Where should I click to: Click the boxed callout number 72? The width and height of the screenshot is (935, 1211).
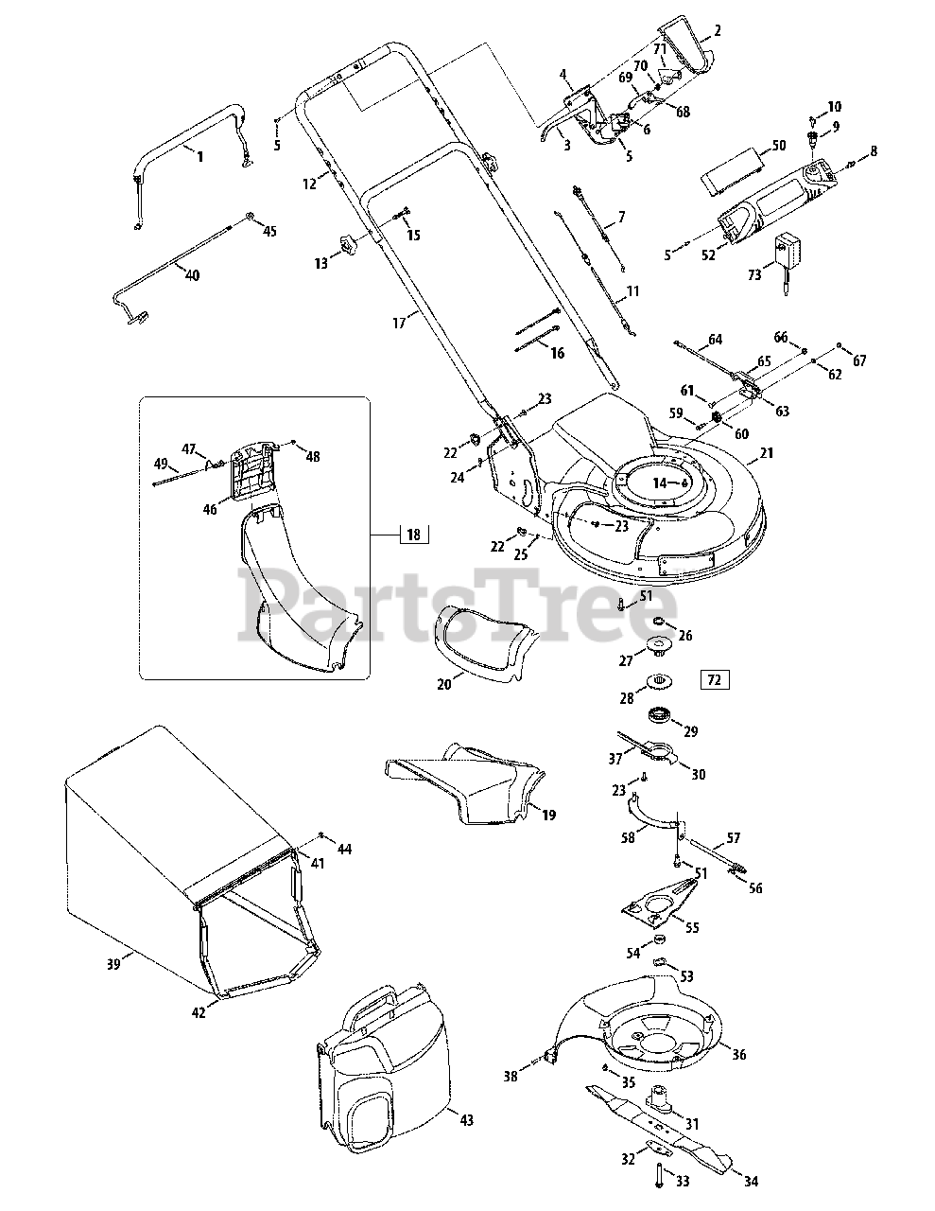click(x=714, y=679)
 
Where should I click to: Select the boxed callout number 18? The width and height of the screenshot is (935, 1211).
click(x=413, y=535)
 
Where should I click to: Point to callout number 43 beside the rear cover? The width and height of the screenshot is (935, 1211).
click(x=466, y=1121)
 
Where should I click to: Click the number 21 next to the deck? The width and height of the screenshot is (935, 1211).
click(x=767, y=453)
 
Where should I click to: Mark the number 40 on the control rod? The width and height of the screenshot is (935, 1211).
click(x=192, y=275)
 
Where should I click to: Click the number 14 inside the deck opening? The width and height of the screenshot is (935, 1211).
click(x=659, y=483)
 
